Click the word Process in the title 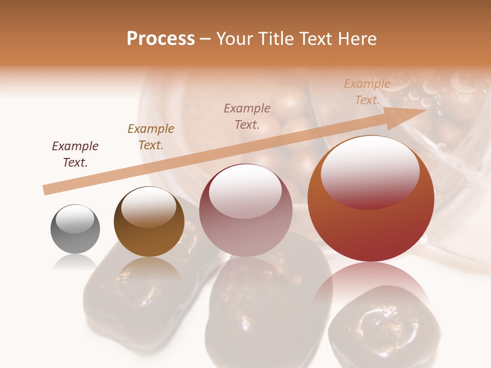[161, 39]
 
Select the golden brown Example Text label [151, 137]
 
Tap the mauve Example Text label [247, 116]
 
